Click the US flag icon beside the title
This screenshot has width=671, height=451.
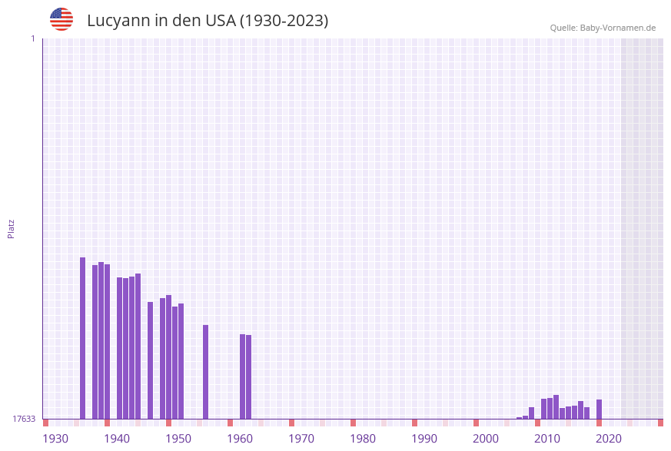(x=61, y=19)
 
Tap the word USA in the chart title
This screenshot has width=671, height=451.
(x=221, y=21)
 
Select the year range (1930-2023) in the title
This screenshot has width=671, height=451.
(x=284, y=21)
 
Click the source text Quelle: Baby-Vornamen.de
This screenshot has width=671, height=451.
(x=603, y=28)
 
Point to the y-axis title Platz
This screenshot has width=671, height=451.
(x=12, y=228)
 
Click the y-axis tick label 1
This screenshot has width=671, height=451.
(x=32, y=38)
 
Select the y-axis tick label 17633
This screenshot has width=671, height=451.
(x=24, y=419)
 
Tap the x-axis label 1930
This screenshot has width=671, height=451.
(x=55, y=439)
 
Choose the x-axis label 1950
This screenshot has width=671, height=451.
(x=178, y=439)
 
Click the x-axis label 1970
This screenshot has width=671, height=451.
(x=301, y=439)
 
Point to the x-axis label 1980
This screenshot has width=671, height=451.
(x=363, y=439)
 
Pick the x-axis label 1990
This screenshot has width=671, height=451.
(x=424, y=439)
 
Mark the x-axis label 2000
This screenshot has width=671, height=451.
(x=486, y=439)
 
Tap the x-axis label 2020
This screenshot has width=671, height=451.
(x=609, y=439)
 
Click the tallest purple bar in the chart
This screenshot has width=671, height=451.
(x=83, y=338)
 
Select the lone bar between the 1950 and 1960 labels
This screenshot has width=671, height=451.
(x=206, y=372)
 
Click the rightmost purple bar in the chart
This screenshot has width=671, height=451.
(x=600, y=409)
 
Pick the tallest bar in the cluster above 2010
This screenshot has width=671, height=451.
(x=556, y=406)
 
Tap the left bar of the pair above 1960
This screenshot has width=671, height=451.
(x=242, y=376)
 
